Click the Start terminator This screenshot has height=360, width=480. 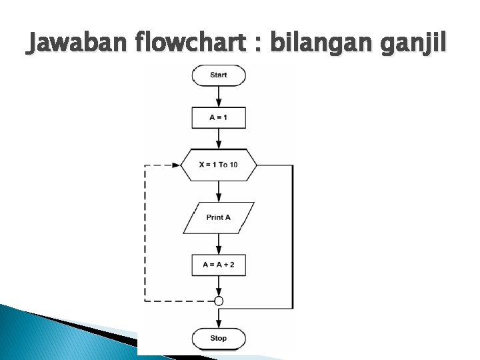pos(219,75)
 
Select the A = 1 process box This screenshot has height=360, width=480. pos(219,117)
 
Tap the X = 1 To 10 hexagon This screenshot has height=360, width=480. pos(219,165)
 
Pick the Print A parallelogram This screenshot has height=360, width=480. pos(219,217)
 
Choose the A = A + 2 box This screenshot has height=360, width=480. pos(219,265)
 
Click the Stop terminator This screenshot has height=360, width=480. pos(219,338)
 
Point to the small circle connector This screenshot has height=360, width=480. pos(219,301)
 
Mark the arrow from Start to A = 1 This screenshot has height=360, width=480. pos(219,96)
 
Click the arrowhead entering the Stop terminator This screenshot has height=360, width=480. pos(219,324)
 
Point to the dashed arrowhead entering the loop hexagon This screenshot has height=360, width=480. pos(176,165)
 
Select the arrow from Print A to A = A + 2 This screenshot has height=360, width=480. pos(219,243)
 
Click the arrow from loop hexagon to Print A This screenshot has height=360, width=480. pos(219,191)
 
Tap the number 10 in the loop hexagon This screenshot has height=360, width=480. pos(233,165)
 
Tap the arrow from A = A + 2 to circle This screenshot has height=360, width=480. pos(219,286)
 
